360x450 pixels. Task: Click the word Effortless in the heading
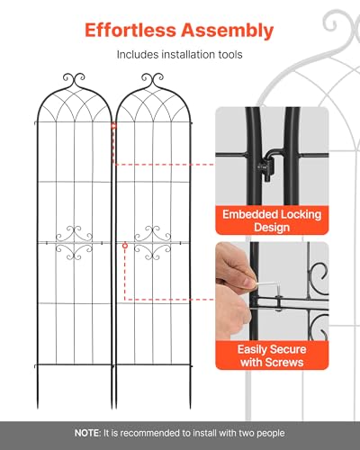click(x=130, y=30)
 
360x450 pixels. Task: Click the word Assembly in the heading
click(x=228, y=31)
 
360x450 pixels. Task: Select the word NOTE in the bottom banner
click(x=87, y=433)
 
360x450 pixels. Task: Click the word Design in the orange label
click(x=272, y=227)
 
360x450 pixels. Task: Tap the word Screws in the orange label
click(x=283, y=363)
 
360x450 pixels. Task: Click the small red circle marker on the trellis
click(x=125, y=246)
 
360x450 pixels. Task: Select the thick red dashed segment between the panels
click(x=113, y=143)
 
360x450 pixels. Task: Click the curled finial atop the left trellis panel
click(x=74, y=79)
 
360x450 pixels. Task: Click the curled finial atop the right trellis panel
click(x=152, y=79)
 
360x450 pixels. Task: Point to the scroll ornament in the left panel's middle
click(x=74, y=243)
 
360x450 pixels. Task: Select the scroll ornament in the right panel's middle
click(x=153, y=243)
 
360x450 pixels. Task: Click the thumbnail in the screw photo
click(x=248, y=282)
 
